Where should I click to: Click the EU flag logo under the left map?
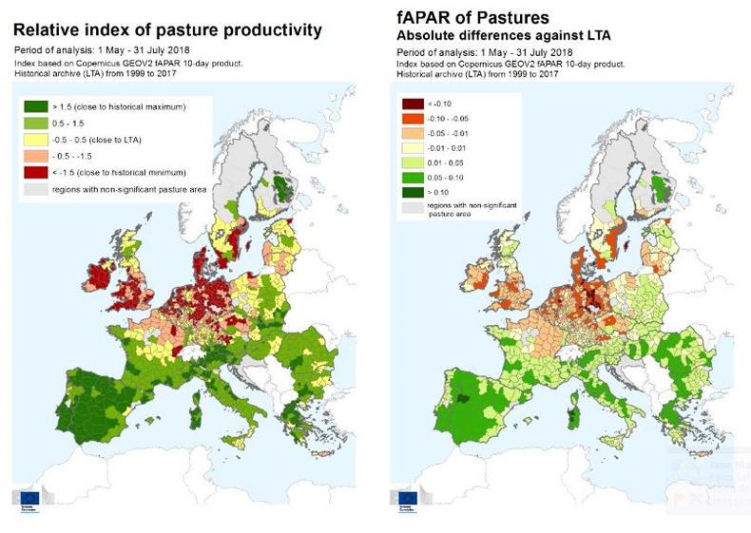(x=27, y=497)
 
